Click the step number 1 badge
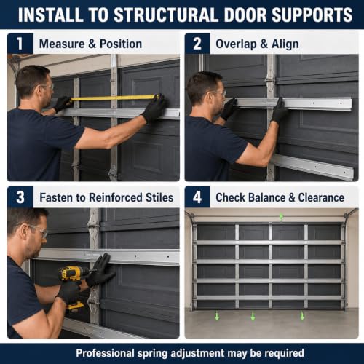click(20, 44)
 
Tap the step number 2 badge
click(197, 44)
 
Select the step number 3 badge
click(20, 197)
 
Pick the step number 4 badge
click(197, 197)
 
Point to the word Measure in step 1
click(62, 44)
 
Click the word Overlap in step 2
click(236, 44)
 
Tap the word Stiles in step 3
click(159, 197)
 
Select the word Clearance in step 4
click(321, 197)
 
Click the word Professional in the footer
click(105, 353)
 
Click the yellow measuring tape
click(114, 98)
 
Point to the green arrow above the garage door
click(281, 217)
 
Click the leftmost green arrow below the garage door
click(217, 316)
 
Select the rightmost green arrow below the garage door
click(302, 316)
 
